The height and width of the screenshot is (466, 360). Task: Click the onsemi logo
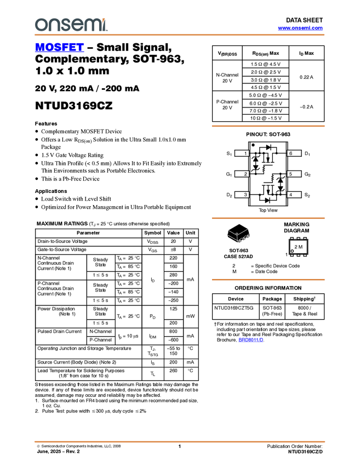coord(71,25)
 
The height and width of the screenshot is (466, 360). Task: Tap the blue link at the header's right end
coord(300,28)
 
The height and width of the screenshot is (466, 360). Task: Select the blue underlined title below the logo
coord(59,48)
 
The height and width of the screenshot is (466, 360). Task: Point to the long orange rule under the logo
coord(179,35)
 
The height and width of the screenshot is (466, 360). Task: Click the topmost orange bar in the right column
coord(268,126)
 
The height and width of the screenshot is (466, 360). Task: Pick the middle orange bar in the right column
coord(268,218)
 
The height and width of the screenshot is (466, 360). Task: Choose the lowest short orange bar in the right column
coord(268,280)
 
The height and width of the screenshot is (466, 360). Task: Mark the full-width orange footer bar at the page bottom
coord(179,441)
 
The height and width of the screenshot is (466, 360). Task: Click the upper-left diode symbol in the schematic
coord(264,168)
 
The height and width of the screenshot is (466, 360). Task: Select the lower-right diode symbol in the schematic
coord(272,178)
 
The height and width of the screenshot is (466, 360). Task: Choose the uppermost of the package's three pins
coord(248,235)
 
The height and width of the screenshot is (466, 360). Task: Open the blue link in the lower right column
coord(251,340)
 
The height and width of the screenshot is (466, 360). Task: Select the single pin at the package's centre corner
coord(236,234)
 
